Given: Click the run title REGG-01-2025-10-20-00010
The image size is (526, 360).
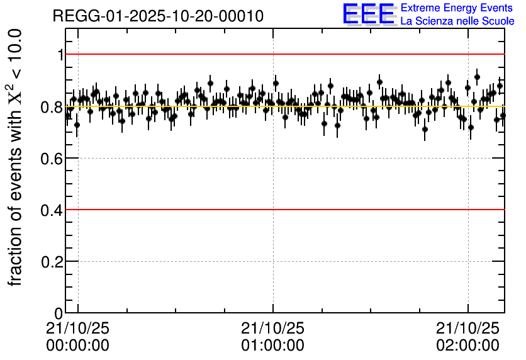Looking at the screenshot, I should (x=158, y=16).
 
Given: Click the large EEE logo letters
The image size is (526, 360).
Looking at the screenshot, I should (x=368, y=14).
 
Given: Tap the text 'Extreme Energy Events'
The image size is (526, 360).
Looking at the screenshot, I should (x=457, y=8).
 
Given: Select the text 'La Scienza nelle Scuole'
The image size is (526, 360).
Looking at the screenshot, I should (x=457, y=21).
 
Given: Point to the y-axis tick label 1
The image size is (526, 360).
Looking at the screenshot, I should (x=60, y=55).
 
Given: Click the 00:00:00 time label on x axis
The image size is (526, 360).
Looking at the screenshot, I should (x=77, y=346).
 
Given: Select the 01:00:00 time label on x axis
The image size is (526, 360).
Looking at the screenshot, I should (x=272, y=346).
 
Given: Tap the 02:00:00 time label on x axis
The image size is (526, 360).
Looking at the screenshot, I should (x=467, y=346).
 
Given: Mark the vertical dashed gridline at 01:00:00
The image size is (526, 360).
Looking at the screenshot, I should (x=273, y=239).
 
